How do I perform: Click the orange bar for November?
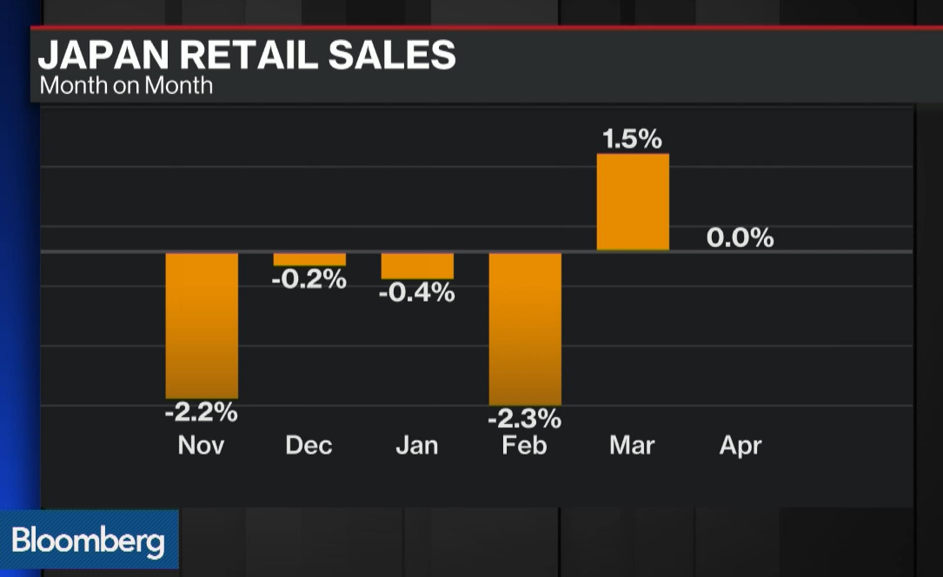pyautogui.click(x=202, y=325)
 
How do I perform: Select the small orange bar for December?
pyautogui.click(x=309, y=259)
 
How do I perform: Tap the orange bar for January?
pyautogui.click(x=417, y=266)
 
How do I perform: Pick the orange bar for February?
pyautogui.click(x=525, y=328)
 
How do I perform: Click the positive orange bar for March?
pyautogui.click(x=633, y=202)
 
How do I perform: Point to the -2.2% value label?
pyautogui.click(x=202, y=412)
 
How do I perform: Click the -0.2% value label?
pyautogui.click(x=309, y=280)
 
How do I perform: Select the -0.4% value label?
pyautogui.click(x=417, y=293)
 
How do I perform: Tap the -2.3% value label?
pyautogui.click(x=525, y=419)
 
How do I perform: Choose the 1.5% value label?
pyautogui.click(x=633, y=139)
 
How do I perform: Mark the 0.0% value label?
pyautogui.click(x=740, y=237)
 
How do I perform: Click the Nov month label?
pyautogui.click(x=202, y=446)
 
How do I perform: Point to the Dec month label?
pyautogui.click(x=309, y=446)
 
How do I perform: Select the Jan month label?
pyautogui.click(x=417, y=446)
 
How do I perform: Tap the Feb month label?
pyautogui.click(x=525, y=446)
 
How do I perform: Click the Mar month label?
pyautogui.click(x=633, y=446)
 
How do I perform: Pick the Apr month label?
pyautogui.click(x=740, y=446)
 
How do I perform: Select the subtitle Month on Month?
pyautogui.click(x=126, y=85)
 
